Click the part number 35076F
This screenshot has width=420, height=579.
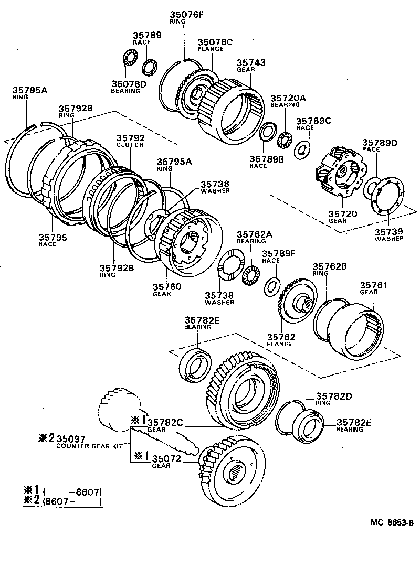tap(186, 15)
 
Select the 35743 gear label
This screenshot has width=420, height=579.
tap(251, 63)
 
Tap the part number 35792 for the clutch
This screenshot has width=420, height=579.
tap(130, 138)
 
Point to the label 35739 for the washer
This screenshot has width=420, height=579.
tap(388, 231)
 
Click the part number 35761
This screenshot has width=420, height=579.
tap(374, 285)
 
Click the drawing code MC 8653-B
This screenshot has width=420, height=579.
tap(391, 522)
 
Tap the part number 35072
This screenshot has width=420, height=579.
tap(167, 459)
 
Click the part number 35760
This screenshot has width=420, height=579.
tap(167, 286)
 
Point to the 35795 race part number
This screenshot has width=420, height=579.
tap(51, 238)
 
